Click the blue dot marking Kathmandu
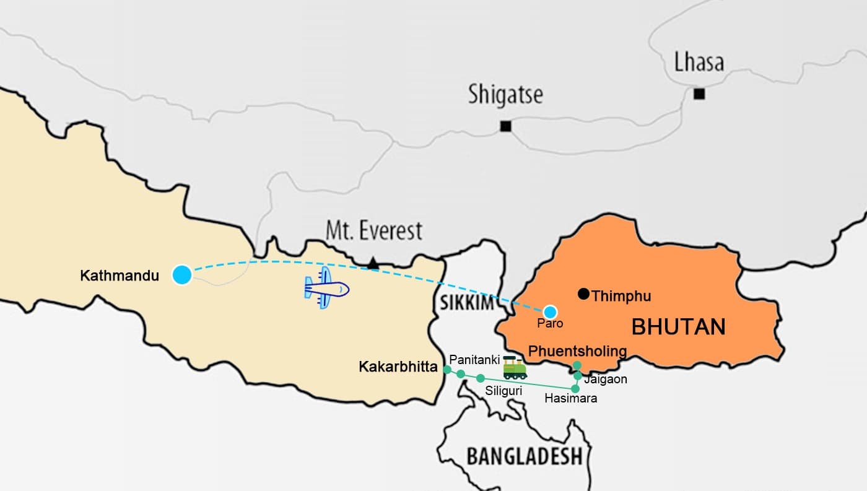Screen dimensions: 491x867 [x=182, y=274]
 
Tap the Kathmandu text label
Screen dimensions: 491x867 [x=120, y=276]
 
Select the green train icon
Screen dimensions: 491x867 [x=515, y=368]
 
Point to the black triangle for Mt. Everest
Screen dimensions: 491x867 [x=372, y=264]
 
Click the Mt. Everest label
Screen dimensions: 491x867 [x=374, y=231]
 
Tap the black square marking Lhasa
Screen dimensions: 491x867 [x=699, y=94]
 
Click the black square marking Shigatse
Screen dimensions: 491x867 [x=505, y=126]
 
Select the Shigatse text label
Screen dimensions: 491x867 [x=505, y=95]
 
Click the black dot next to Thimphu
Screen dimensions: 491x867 [x=583, y=294]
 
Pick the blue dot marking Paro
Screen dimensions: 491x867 [x=550, y=311]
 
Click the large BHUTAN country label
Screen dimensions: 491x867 [x=678, y=326]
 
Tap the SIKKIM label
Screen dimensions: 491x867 [x=466, y=303]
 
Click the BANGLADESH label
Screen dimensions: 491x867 [x=525, y=456]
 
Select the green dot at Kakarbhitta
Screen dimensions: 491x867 [x=447, y=369]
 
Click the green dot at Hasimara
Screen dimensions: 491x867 [x=575, y=389]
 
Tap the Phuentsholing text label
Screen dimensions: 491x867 [x=577, y=352]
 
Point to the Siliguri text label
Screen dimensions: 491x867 [x=503, y=391]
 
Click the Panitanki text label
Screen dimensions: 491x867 [x=474, y=359]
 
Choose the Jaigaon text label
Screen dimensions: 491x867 [x=606, y=379]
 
